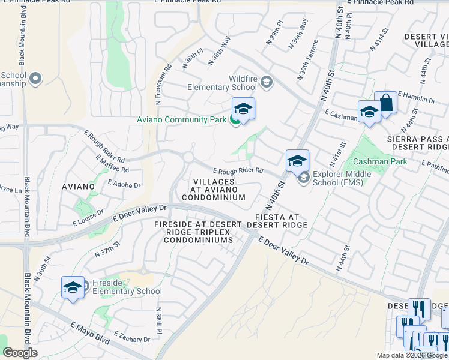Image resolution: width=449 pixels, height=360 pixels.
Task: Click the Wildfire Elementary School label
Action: pos(221,83)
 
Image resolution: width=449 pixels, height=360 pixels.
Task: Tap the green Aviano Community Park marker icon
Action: pos(235,120)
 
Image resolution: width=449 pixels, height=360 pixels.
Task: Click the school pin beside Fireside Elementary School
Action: pos(73,287)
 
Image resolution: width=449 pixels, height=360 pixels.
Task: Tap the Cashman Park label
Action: pos(380,161)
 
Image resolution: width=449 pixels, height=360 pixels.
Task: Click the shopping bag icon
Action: pos(385,103)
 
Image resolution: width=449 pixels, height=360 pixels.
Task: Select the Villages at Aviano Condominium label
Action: pos(213,189)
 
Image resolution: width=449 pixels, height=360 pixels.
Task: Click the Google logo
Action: pos(20,352)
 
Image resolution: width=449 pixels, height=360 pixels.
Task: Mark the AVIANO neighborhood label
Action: pos(78,187)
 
